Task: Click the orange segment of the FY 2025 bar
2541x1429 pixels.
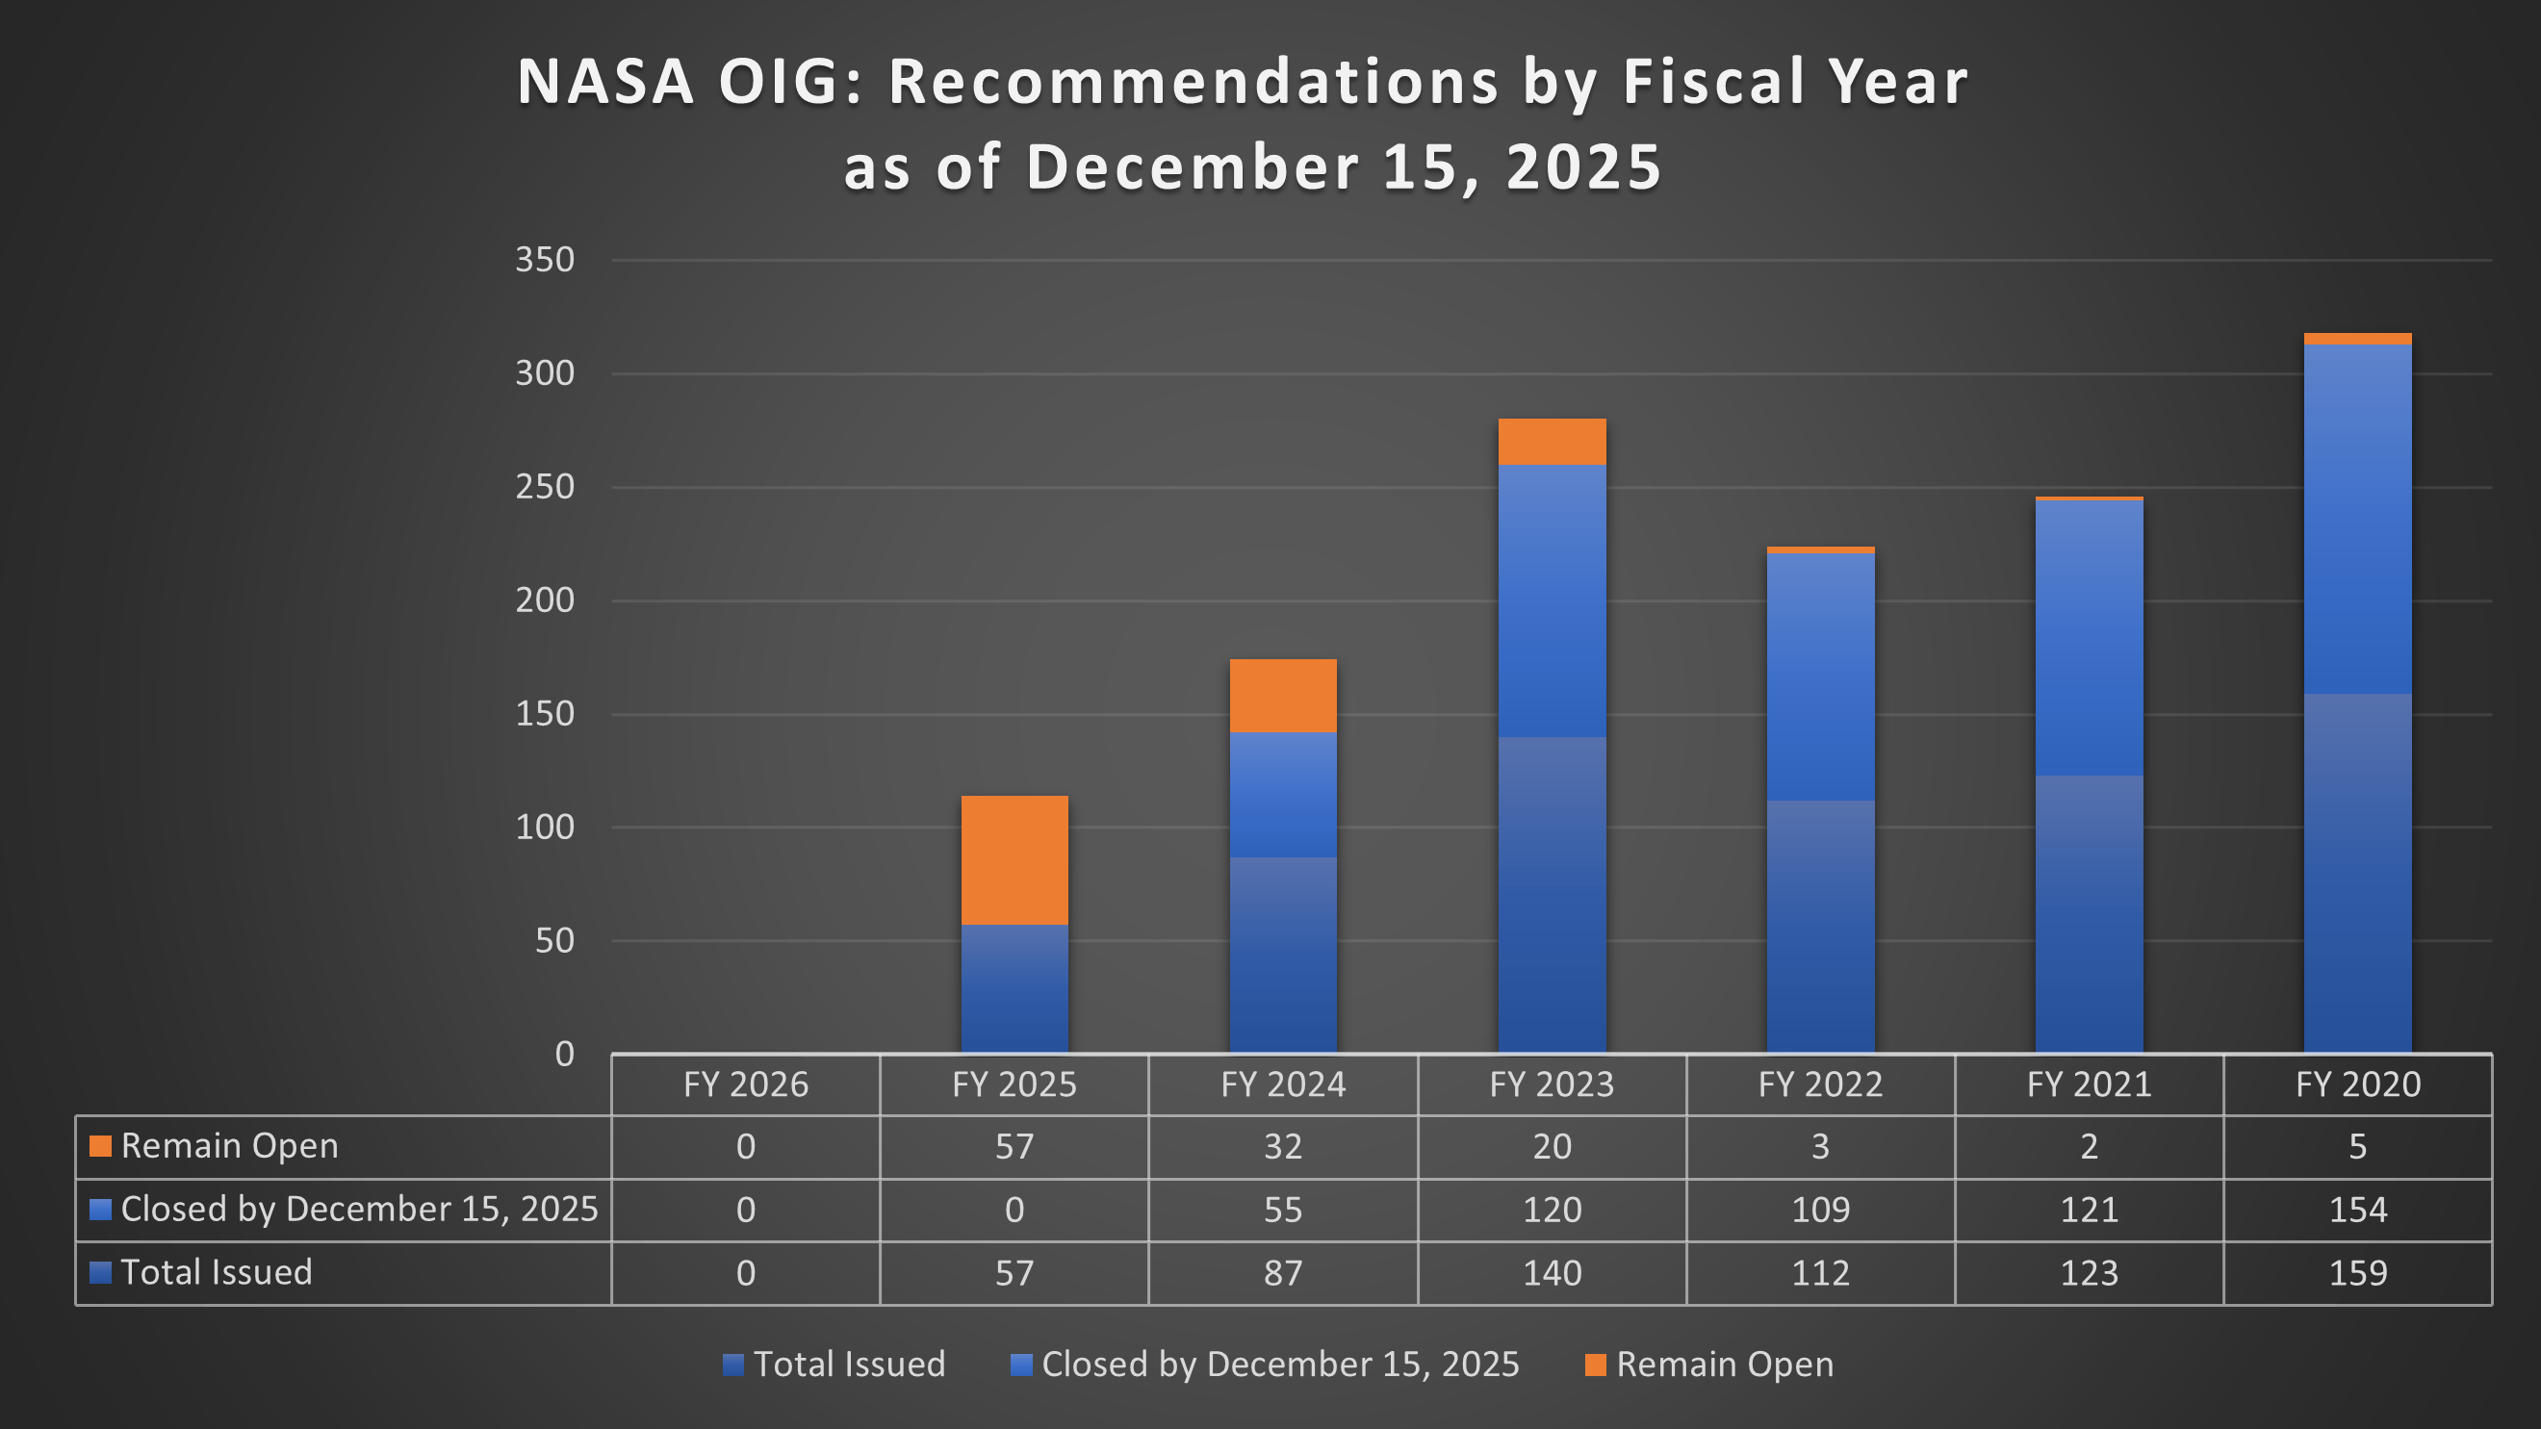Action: point(1014,860)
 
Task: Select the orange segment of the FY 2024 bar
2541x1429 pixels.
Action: point(1282,696)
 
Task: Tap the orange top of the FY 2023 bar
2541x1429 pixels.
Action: point(1552,441)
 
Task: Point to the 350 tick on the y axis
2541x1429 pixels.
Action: point(545,260)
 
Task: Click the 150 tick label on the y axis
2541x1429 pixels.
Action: point(545,714)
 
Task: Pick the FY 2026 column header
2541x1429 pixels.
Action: point(746,1085)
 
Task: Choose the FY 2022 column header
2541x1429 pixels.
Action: point(1820,1085)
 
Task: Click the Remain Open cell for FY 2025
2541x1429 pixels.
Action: point(1014,1147)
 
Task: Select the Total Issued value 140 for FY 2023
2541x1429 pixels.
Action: point(1552,1273)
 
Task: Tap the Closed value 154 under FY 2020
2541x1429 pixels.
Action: point(2357,1210)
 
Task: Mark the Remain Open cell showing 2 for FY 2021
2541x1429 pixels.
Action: point(2089,1147)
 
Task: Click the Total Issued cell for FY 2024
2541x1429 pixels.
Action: point(1282,1273)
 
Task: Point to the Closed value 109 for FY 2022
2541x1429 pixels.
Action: point(1820,1210)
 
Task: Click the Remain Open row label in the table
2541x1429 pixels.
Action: point(229,1146)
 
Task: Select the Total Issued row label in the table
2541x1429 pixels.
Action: point(216,1272)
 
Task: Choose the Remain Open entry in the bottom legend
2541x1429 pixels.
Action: point(1723,1365)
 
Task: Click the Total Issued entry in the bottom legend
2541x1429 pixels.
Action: point(848,1365)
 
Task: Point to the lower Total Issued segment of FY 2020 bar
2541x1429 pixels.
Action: point(2357,873)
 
